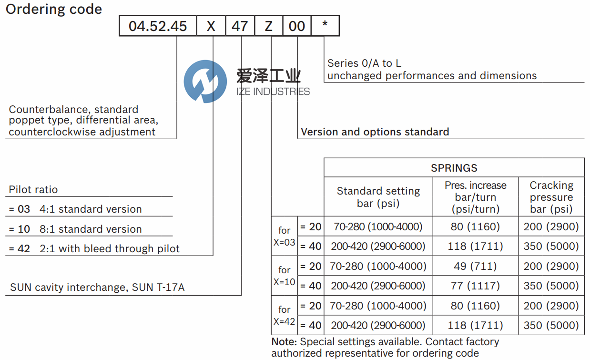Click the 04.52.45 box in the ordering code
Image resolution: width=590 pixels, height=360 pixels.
(x=158, y=26)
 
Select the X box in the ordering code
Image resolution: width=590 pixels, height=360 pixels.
(x=211, y=26)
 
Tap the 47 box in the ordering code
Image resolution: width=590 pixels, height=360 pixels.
(x=240, y=26)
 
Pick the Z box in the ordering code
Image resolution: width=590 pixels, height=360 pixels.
(x=268, y=26)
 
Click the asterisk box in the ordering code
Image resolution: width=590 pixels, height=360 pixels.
(x=325, y=26)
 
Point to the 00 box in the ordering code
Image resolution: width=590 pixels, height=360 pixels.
(x=297, y=26)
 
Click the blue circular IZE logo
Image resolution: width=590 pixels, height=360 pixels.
(x=205, y=82)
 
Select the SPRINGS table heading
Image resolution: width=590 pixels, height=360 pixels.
(x=454, y=168)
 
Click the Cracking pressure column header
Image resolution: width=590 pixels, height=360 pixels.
(x=551, y=197)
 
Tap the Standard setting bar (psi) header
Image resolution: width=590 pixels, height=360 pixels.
(x=378, y=197)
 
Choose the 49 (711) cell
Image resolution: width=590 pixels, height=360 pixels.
(x=475, y=266)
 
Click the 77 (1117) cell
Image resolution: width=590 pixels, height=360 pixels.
(x=475, y=286)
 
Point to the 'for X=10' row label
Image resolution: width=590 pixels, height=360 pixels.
(x=285, y=276)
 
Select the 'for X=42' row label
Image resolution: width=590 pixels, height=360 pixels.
(x=285, y=316)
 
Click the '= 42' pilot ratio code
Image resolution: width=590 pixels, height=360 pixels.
(x=20, y=248)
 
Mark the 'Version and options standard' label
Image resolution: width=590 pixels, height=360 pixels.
(x=375, y=132)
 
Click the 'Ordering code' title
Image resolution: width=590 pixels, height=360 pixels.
(x=54, y=10)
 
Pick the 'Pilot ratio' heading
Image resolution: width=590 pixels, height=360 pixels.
(x=33, y=190)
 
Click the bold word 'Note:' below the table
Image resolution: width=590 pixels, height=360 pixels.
(x=284, y=342)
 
